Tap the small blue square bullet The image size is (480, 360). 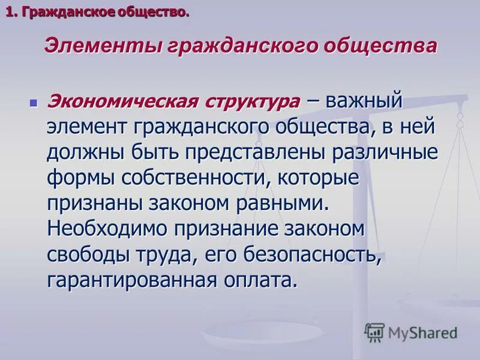tap(34, 103)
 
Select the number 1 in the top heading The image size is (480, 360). tap(10, 12)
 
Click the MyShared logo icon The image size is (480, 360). tap(374, 332)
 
